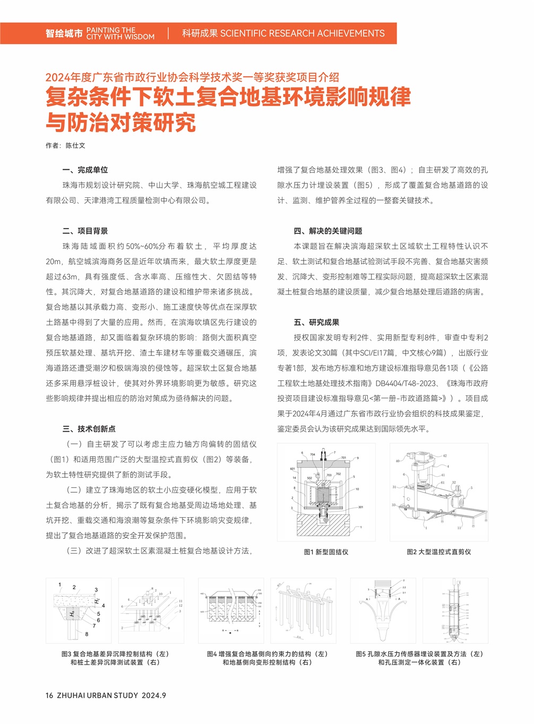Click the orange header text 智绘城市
(64, 33)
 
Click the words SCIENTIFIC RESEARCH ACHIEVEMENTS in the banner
(302, 33)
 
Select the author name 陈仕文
(75, 145)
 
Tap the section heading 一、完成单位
(85, 170)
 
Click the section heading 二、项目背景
(85, 231)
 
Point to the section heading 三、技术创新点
(89, 429)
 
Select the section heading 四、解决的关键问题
(328, 231)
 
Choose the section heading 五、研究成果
(316, 322)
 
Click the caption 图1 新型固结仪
(326, 552)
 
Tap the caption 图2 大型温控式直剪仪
(439, 552)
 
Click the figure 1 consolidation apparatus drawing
(326, 492)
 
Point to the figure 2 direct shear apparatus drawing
(439, 492)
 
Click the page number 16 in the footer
(49, 695)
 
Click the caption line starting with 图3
(115, 654)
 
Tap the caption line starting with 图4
(267, 654)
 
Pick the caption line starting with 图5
(419, 654)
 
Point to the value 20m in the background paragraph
(54, 261)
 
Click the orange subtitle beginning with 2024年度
(192, 77)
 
